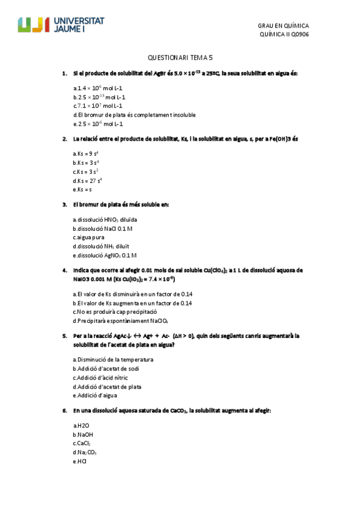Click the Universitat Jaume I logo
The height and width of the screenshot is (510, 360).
61,25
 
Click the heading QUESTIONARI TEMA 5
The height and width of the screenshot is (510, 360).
180,58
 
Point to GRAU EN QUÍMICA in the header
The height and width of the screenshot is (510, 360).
283,26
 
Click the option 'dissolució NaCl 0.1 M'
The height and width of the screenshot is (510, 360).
103,229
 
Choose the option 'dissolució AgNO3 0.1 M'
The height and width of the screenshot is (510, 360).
105,255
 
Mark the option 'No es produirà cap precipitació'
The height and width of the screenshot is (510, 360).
115,312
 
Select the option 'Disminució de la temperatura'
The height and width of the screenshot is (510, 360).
113,360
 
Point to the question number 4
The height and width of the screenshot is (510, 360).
64,270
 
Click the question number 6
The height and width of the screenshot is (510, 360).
64,411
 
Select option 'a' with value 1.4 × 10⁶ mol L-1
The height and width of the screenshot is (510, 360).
99,88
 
